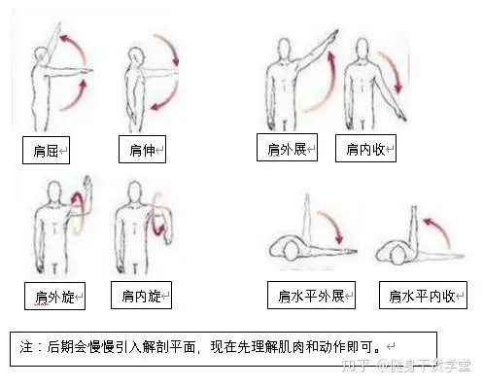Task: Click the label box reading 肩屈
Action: tap(46, 150)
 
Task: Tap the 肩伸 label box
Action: tap(142, 149)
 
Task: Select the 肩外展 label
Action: tap(287, 148)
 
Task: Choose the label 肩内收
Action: tap(365, 149)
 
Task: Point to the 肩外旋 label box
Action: tap(54, 296)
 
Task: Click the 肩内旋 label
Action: tap(141, 295)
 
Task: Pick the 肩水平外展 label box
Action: tap(311, 295)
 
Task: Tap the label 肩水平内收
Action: tap(423, 295)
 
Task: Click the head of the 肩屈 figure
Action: tap(41, 55)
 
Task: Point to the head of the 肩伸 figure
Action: tap(136, 55)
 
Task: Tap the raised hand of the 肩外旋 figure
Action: tap(87, 183)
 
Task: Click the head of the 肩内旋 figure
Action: tap(135, 193)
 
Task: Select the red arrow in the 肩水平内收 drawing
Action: tap(439, 230)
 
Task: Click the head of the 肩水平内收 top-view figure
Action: tap(399, 254)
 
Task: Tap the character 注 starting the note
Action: tap(26, 347)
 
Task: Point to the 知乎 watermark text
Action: tap(356, 366)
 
